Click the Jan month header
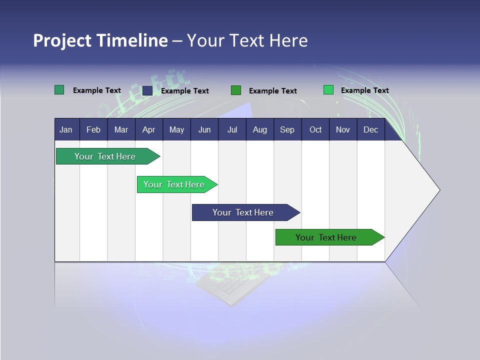[66, 129]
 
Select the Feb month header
[93, 129]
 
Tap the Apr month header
[148, 129]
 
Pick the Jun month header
[204, 129]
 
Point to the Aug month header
[259, 129]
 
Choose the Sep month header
[287, 129]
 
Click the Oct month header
[315, 129]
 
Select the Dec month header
[370, 129]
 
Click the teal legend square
[59, 90]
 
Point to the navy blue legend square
[147, 90]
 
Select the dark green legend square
[236, 90]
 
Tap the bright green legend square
[328, 90]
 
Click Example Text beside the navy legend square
[184, 90]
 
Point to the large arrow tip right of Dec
[425, 190]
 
